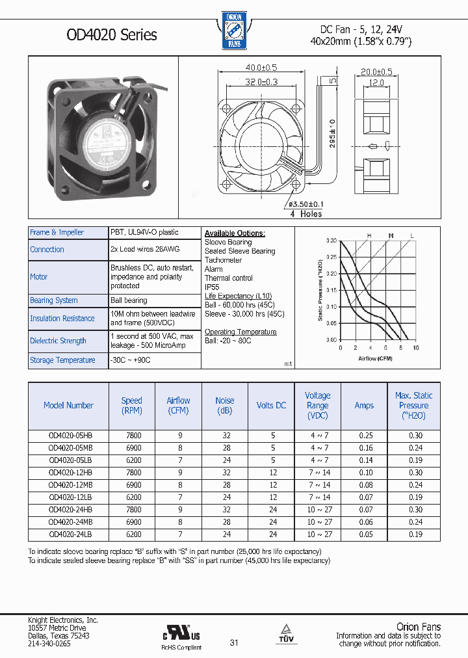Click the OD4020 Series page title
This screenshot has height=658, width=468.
click(x=111, y=34)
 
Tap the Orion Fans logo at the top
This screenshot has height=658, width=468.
click(x=233, y=31)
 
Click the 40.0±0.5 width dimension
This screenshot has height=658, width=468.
click(x=261, y=68)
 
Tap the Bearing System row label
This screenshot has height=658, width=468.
click(x=54, y=300)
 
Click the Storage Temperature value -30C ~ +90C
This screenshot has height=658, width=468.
click(x=131, y=360)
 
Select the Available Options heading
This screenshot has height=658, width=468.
click(x=235, y=233)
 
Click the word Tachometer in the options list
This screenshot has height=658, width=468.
click(x=223, y=260)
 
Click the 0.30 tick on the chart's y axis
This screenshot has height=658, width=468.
click(x=330, y=241)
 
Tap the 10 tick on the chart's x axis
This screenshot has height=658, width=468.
click(x=416, y=349)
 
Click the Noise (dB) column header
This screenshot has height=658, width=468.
click(x=224, y=405)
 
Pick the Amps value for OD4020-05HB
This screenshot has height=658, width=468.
click(x=364, y=436)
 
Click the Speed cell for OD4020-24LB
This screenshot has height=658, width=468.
click(x=131, y=534)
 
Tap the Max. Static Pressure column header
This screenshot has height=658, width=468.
click(x=413, y=405)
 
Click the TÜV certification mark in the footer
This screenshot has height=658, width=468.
click(x=285, y=633)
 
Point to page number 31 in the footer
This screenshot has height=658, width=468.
click(x=234, y=643)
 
